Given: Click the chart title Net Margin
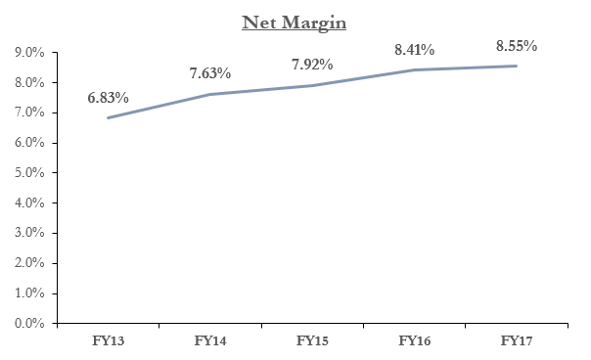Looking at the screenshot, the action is pos(294,22).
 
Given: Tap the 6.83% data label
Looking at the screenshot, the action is pos(109,98).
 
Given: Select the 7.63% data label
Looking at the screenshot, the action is pos(210,73).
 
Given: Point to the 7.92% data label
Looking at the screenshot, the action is pos(312,65).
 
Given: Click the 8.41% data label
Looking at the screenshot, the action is pos(414,49).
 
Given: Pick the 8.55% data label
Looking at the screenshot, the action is pos(517,46).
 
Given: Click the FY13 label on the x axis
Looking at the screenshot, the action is pos(109,340).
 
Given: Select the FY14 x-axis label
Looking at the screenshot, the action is pos(210,340).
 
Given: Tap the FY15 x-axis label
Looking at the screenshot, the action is pos(312,340).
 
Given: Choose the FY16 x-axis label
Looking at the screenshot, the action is pos(415,340).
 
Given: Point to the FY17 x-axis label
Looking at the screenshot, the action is pos(517,340).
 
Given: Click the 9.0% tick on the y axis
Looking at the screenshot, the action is pos(29,53).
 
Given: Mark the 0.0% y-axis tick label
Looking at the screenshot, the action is pos(29,323).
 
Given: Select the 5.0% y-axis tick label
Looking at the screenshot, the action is pos(29,172).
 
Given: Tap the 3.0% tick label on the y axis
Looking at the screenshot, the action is pos(29,233).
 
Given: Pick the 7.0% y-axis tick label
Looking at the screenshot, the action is pos(29,112).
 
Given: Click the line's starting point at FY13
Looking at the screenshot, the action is pos(109,117).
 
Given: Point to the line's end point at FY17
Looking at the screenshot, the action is pos(516,66).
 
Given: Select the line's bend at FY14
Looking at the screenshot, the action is pos(210,94).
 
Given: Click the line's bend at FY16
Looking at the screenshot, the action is pos(414,70).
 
